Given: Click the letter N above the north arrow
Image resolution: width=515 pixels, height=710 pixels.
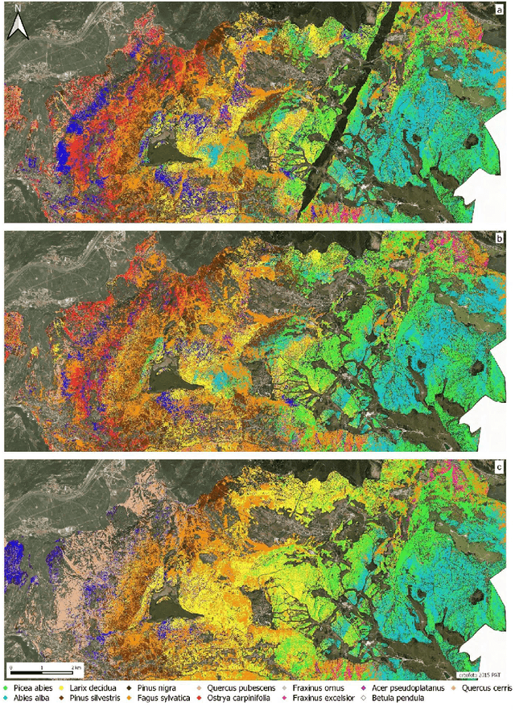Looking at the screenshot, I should point(19,9).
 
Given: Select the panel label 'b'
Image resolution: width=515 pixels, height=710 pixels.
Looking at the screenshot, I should point(498,240).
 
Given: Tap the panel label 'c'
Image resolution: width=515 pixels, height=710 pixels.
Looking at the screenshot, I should point(498,468).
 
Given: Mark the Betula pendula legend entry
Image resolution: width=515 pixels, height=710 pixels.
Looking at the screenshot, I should point(422,701).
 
